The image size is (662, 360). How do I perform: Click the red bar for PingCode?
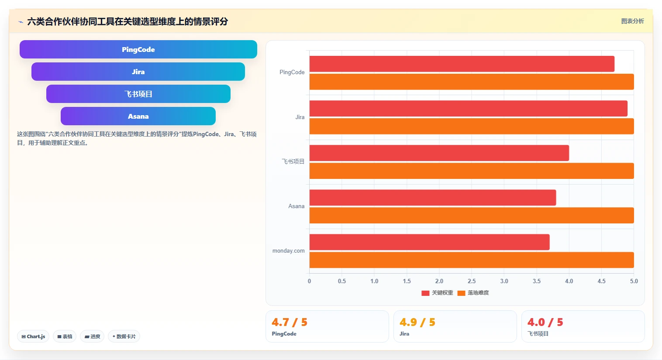click(462, 64)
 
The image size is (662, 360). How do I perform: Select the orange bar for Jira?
click(472, 127)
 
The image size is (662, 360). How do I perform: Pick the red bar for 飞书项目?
click(439, 153)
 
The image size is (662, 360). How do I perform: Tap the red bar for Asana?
click(433, 198)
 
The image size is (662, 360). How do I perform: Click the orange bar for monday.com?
click(472, 260)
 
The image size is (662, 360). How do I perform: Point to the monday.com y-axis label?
click(289, 251)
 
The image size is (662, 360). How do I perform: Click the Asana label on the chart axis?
click(297, 206)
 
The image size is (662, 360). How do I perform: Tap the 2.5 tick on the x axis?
click(472, 281)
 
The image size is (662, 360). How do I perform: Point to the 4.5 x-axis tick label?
click(601, 281)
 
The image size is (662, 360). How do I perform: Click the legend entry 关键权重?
click(438, 293)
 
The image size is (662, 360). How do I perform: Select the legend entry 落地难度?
click(473, 293)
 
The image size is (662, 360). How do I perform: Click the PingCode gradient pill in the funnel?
click(138, 49)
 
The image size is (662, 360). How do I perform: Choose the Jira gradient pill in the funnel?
click(138, 72)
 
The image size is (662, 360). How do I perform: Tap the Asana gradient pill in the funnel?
click(138, 116)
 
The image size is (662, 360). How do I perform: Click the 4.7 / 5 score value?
click(290, 322)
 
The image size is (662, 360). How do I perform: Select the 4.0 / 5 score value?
click(545, 322)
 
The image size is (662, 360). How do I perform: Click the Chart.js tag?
click(33, 336)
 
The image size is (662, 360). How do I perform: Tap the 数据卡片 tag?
click(124, 336)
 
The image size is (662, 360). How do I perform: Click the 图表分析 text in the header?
click(632, 21)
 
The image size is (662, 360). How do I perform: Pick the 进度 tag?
click(92, 336)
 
